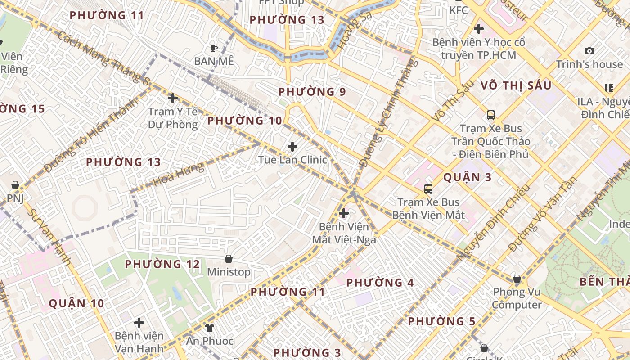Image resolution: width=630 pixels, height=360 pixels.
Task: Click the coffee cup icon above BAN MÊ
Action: pos(214,48)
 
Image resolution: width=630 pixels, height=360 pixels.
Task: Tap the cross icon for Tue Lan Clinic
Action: pos(292,146)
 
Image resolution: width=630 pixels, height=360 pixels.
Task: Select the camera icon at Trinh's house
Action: pos(589,51)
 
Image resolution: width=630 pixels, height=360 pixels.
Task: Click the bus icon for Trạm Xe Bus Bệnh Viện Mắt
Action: pos(428,189)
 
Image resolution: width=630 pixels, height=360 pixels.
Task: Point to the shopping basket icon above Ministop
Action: pos(229,259)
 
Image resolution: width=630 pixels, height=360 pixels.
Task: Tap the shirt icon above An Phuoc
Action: pos(210,327)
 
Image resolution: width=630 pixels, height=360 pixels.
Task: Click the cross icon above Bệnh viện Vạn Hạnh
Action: pos(139,322)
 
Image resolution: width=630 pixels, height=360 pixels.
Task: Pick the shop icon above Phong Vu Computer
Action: pos(517,279)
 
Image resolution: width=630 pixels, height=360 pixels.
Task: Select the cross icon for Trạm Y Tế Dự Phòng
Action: pos(172,98)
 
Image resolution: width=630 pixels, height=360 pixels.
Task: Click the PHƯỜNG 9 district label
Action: pos(312,92)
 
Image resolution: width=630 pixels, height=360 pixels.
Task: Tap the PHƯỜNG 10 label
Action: pos(244,121)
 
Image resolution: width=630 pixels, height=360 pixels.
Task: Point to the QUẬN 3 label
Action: pos(468,177)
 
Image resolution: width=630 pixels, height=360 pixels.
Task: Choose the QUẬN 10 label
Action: pos(76,303)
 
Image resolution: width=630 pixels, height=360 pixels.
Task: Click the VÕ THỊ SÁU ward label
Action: pos(516,85)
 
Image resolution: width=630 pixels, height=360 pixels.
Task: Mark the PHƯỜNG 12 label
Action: pos(162,264)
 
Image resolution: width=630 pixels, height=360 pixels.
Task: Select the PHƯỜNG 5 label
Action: pos(441,321)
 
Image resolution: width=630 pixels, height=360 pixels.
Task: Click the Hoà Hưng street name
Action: pos(178,175)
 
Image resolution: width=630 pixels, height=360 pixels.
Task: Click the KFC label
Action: pos(459,9)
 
